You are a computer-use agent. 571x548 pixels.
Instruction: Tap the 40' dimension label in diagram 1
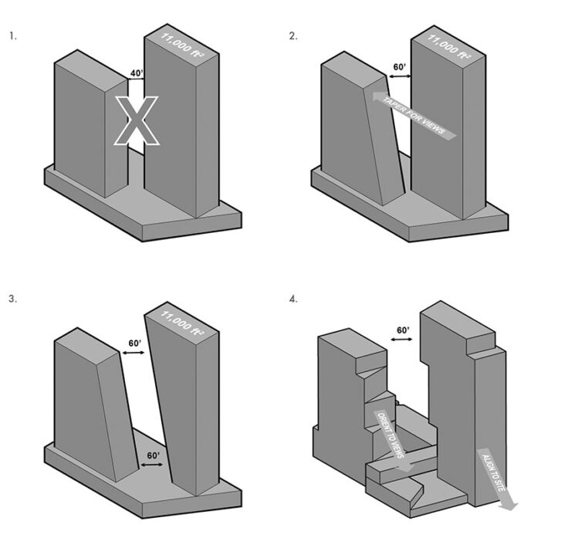pos(137,73)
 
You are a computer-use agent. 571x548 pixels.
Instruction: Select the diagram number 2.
pos(293,36)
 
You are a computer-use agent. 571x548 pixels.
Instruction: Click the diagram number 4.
pos(293,299)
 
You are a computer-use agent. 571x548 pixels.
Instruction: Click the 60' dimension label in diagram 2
pos(400,67)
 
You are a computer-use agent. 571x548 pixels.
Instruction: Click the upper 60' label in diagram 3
pos(134,343)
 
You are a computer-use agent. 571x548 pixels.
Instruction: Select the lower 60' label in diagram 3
pos(153,456)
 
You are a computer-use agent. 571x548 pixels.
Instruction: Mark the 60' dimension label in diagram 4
pos(402,330)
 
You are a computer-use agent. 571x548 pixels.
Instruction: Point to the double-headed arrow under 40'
pos(137,81)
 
